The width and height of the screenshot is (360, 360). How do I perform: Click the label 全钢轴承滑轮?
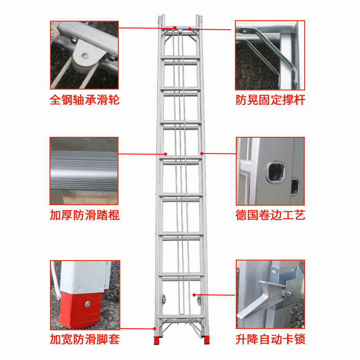[85, 100]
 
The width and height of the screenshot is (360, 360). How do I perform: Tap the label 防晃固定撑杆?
[270, 100]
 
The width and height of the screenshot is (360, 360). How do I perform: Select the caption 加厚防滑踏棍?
[85, 215]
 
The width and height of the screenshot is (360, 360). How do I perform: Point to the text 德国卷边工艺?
[270, 215]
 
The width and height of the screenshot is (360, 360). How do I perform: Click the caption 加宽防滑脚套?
[85, 339]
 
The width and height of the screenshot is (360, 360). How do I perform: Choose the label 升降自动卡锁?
[270, 339]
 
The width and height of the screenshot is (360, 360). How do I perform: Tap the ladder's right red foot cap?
[206, 340]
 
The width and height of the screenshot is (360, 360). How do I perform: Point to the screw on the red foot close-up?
[88, 304]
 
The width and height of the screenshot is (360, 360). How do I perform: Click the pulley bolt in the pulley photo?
[85, 55]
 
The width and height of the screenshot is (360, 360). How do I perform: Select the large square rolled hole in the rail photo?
[276, 172]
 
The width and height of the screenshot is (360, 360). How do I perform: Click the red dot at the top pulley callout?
[175, 28]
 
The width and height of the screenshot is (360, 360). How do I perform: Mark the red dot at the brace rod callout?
[189, 29]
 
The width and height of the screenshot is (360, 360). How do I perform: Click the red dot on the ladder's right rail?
[202, 153]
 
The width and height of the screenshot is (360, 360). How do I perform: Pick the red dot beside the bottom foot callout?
[154, 329]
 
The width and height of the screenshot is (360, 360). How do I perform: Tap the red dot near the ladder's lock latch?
[194, 295]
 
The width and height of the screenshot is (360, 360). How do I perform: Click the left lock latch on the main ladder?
[163, 299]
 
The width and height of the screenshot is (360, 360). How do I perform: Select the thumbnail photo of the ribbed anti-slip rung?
[84, 171]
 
